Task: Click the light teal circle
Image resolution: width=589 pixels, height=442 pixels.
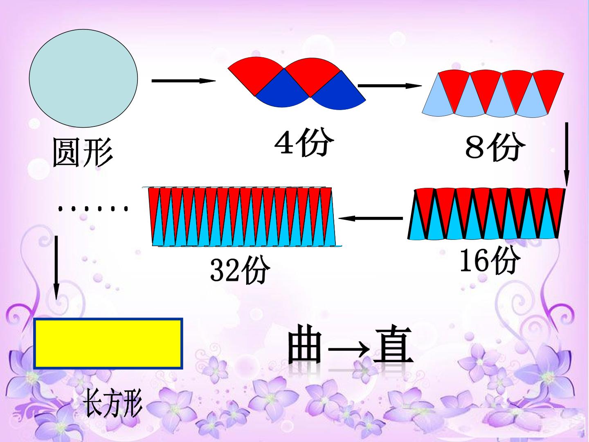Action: click(83, 78)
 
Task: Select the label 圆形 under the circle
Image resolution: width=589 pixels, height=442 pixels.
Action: click(83, 152)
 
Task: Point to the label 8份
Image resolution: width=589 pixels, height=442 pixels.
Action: click(495, 147)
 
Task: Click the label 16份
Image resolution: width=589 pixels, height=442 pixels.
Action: click(490, 260)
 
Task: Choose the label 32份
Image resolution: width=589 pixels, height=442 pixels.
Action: click(240, 269)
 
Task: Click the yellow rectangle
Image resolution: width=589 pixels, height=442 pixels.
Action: click(108, 343)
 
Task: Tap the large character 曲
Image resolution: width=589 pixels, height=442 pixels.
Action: click(305, 344)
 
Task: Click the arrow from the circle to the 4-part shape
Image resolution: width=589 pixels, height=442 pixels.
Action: click(184, 81)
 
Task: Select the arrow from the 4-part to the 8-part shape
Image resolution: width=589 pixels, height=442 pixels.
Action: click(390, 86)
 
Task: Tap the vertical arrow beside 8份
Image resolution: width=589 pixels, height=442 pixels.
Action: click(567, 154)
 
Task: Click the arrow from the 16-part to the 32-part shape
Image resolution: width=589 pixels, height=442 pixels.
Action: click(371, 218)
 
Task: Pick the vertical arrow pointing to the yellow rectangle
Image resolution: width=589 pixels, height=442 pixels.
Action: click(56, 268)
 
